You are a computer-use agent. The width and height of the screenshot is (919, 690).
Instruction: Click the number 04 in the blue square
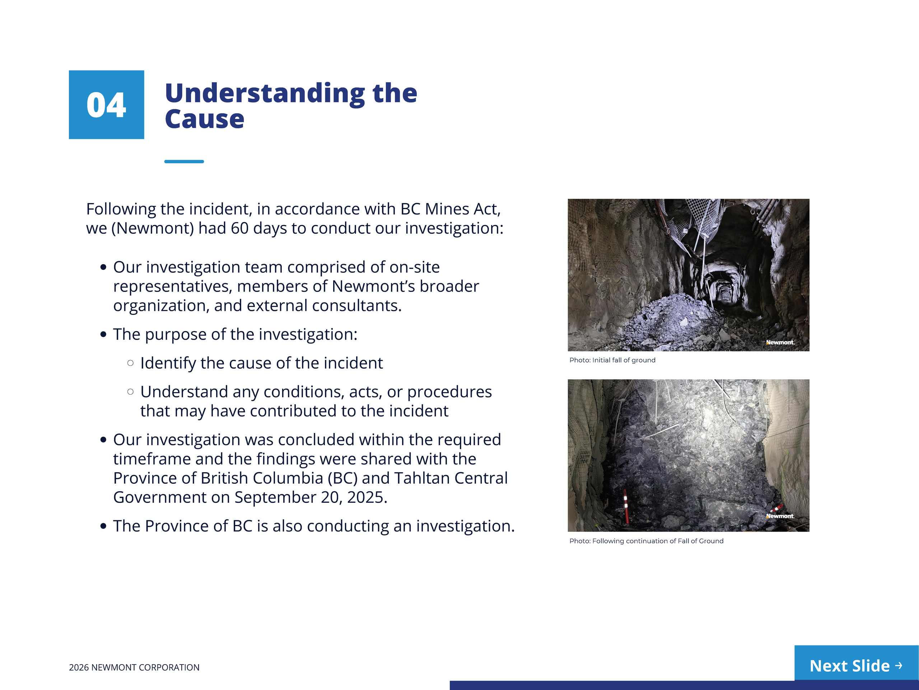click(106, 105)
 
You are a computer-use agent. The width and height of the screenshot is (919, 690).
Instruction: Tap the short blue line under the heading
click(184, 161)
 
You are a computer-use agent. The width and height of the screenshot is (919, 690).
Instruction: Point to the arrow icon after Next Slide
click(899, 666)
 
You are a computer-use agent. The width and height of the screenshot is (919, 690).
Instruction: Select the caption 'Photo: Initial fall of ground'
click(612, 360)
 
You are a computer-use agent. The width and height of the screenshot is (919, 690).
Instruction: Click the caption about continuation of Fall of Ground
click(646, 541)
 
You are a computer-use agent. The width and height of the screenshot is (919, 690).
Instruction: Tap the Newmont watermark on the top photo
click(780, 342)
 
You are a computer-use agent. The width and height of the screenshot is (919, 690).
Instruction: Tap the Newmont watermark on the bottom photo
click(780, 516)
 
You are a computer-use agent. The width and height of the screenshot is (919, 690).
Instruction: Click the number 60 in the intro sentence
click(240, 228)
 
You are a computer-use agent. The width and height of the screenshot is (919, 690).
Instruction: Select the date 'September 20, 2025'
click(311, 497)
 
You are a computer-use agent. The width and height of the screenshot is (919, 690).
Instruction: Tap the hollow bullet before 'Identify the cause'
click(130, 363)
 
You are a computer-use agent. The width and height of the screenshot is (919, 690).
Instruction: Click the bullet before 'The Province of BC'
click(103, 526)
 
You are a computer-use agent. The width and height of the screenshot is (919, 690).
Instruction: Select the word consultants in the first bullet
click(357, 306)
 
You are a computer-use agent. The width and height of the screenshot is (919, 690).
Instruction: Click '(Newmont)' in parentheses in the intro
click(153, 228)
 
